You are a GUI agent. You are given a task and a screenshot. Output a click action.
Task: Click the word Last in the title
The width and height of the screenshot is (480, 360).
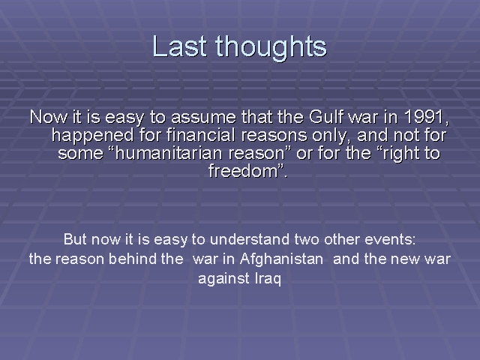click(180, 46)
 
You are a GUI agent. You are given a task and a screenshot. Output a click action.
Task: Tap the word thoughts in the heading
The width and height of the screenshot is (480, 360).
click(271, 48)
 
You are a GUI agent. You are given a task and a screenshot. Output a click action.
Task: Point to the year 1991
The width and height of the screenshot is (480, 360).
click(424, 116)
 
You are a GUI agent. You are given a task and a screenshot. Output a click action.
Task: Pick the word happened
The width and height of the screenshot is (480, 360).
click(93, 136)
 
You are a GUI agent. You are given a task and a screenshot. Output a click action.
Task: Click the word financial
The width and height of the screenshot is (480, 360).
click(201, 135)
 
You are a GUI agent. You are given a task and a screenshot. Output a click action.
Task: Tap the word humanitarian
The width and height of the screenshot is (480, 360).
click(169, 153)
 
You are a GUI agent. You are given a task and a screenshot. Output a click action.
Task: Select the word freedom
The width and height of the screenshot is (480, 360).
click(243, 171)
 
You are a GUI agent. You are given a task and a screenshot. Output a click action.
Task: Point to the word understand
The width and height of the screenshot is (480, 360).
click(250, 239)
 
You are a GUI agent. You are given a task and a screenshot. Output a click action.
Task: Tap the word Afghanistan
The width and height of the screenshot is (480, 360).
click(282, 259)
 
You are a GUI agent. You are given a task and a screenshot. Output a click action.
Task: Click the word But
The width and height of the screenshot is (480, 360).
click(75, 239)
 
